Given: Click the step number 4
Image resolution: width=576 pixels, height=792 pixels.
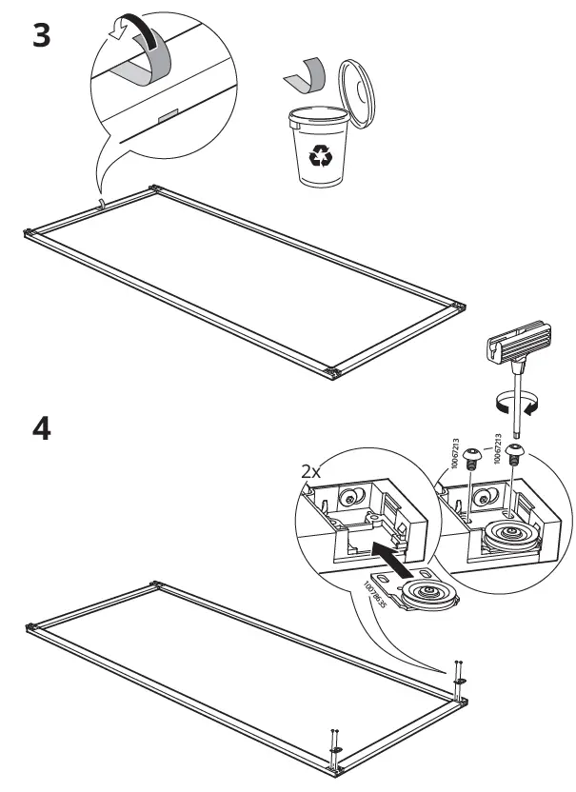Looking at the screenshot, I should point(41,428).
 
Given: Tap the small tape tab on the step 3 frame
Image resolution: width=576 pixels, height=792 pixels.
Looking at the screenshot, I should point(103,204).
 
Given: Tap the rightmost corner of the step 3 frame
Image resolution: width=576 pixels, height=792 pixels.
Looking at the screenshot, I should point(461,307).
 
